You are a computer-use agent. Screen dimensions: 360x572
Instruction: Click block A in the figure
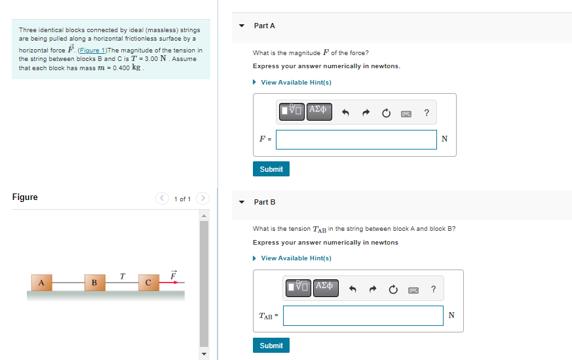[x=41, y=283]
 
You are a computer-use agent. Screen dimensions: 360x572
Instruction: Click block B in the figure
[x=94, y=283]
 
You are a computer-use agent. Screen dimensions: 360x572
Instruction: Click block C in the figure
[x=148, y=283]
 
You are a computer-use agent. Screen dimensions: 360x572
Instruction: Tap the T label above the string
[x=122, y=275]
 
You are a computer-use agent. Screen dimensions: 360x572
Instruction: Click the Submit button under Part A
[x=271, y=169]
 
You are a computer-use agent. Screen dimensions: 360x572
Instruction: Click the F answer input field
[x=356, y=139]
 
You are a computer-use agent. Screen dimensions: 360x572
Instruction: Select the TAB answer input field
[x=363, y=315]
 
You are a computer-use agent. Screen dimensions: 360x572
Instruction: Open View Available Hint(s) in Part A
[x=296, y=82]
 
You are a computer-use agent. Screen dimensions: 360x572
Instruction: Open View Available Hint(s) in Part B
[x=296, y=258]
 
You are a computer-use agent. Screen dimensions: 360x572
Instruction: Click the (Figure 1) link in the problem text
[x=92, y=50]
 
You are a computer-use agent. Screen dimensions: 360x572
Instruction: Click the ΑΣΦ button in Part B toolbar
[x=326, y=288]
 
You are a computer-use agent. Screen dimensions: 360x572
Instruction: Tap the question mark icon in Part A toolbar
[x=427, y=113]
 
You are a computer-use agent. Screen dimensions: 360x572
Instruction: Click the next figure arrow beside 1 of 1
[x=203, y=198]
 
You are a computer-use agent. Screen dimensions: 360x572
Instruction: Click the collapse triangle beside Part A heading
[x=241, y=26]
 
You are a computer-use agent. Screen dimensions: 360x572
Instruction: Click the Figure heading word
[x=25, y=197]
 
